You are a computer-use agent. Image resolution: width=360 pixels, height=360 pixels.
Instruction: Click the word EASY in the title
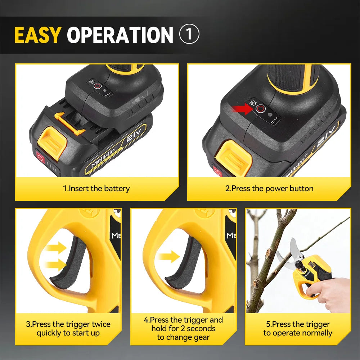37,35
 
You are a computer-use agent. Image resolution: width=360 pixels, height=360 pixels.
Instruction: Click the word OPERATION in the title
120,35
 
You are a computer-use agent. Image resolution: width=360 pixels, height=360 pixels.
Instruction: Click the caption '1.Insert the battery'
96,189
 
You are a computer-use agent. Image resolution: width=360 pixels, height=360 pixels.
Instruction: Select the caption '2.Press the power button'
269,189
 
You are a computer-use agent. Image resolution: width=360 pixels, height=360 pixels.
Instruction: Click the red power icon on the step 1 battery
40,157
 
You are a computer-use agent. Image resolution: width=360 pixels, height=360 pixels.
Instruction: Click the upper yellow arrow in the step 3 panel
58,248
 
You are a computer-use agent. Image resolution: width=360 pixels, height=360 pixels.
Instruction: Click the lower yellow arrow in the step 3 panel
58,266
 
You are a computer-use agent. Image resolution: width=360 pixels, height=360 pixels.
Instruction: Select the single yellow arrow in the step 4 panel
169,257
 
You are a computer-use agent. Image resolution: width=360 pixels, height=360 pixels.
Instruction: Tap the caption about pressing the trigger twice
68,328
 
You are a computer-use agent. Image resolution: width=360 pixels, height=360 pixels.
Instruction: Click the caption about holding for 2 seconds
183,328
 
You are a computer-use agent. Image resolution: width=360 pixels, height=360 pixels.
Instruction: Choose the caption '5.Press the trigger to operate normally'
297,328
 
